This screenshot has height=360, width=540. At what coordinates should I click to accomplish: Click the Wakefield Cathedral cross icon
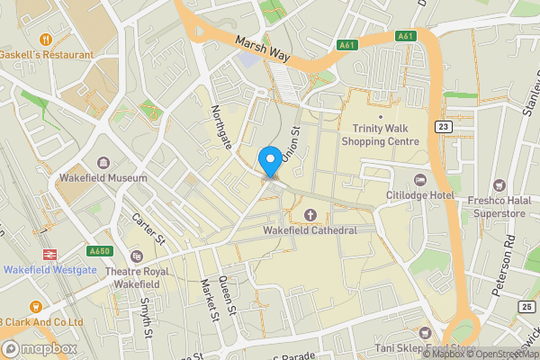[x=310, y=214]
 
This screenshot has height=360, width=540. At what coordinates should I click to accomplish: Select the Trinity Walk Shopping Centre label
[x=380, y=135]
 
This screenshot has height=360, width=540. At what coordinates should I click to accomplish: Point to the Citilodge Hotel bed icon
[x=420, y=179]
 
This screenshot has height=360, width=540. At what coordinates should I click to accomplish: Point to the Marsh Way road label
[x=264, y=49]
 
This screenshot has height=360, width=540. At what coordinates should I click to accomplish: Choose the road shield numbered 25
[x=526, y=307]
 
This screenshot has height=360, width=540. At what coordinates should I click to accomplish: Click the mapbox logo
[x=38, y=348]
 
